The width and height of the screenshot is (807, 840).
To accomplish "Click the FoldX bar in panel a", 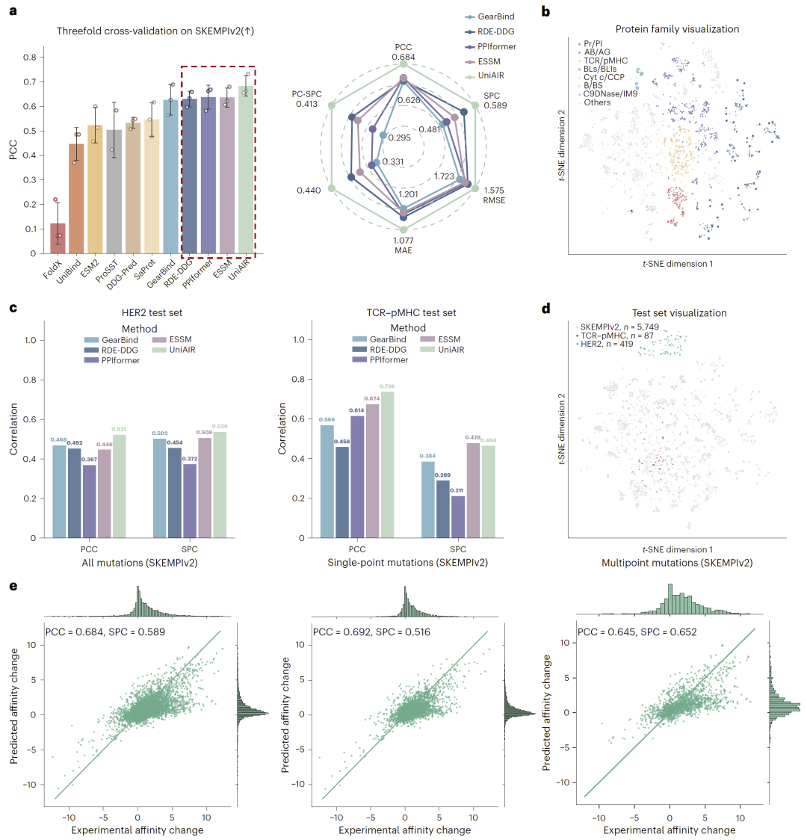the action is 58,238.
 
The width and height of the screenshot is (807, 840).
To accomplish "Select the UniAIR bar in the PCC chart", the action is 247,170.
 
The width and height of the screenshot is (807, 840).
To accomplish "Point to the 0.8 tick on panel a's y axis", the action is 29,58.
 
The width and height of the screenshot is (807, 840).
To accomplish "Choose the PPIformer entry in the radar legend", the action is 490,46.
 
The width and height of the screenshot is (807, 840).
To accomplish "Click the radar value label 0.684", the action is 403,58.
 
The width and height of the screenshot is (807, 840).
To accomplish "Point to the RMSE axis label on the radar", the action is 494,200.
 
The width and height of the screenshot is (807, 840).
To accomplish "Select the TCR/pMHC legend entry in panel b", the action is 603,61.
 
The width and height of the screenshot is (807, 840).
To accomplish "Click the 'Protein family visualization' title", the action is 677,29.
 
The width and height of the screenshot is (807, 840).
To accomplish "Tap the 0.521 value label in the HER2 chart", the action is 119,429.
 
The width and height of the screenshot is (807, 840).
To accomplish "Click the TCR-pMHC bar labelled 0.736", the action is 387,464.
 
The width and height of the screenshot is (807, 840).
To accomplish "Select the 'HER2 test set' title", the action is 152,313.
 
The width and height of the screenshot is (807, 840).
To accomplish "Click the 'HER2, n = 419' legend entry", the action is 605,344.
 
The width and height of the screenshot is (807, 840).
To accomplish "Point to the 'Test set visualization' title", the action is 679,313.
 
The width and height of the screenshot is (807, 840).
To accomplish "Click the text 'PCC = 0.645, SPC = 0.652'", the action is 637,632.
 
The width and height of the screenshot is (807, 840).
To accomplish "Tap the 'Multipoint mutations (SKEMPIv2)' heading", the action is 677,563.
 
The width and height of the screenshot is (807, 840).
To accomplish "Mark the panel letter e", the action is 13,586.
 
